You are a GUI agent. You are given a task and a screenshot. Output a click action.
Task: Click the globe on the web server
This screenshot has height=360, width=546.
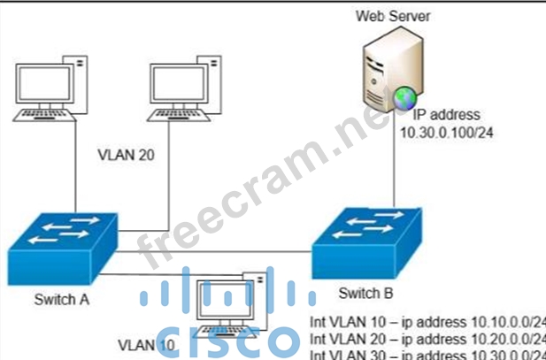coord(404,96)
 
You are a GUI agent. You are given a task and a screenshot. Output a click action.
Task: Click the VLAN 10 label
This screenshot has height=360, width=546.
coord(146,344)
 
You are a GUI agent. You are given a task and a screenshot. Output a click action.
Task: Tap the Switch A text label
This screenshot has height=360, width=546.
coord(61,299)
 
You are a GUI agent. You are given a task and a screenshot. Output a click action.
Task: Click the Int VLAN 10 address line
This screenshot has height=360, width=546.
coord(429,321)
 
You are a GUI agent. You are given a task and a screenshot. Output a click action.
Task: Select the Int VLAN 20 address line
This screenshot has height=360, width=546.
coord(429,339)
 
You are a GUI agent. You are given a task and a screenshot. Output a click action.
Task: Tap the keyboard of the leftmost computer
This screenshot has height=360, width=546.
coord(44,114)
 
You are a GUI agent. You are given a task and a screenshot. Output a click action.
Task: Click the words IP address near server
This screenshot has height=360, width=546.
coord(446,115)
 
